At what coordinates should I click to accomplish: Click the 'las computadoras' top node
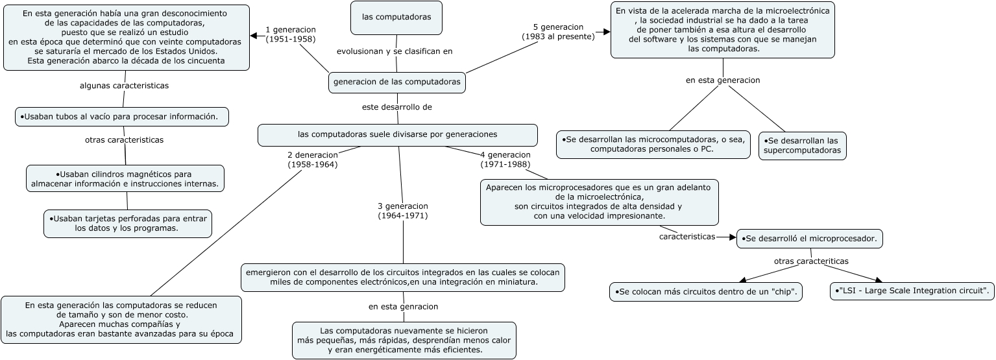click(x=396, y=18)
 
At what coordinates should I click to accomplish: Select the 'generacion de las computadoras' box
click(x=396, y=82)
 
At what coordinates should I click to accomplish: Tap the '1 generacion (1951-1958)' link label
click(x=290, y=34)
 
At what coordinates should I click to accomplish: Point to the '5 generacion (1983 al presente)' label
click(x=558, y=32)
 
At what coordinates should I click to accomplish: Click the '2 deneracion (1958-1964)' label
click(x=312, y=160)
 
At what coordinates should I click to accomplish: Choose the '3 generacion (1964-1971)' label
click(x=402, y=211)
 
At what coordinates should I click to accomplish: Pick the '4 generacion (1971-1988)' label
click(x=505, y=160)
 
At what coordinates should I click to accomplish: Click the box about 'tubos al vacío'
click(x=122, y=117)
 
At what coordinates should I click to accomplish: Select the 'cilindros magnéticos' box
click(x=125, y=179)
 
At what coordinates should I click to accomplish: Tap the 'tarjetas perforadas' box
click(x=127, y=223)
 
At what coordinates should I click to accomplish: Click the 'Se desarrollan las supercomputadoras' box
click(x=802, y=145)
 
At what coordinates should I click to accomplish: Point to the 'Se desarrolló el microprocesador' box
click(x=809, y=239)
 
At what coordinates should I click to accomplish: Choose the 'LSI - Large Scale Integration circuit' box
click(x=912, y=291)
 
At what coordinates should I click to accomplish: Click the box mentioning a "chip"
click(x=706, y=292)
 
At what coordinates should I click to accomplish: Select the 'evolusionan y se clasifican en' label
click(x=395, y=51)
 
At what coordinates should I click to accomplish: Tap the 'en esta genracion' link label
click(x=403, y=306)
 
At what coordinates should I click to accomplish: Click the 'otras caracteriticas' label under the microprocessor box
click(x=811, y=261)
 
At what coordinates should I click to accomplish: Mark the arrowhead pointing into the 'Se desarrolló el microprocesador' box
click(x=733, y=237)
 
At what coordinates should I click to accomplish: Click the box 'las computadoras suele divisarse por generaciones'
click(x=397, y=135)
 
